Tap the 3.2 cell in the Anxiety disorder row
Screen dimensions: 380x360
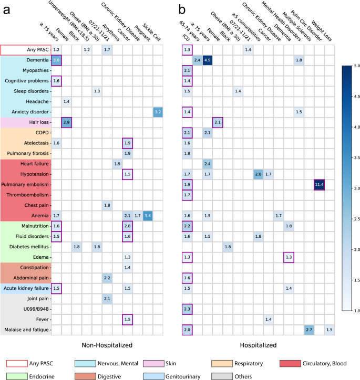(157, 112)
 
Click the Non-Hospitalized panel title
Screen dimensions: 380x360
(107, 345)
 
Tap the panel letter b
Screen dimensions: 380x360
(182, 10)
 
